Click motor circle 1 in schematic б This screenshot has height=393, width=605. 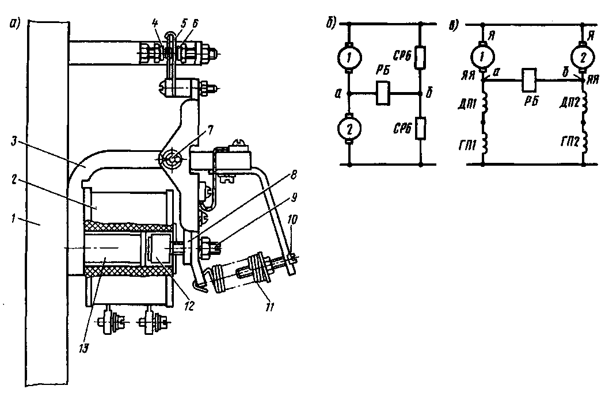coord(349,57)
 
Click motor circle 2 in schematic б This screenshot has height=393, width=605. coord(349,128)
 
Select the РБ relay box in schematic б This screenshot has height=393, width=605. coord(382,93)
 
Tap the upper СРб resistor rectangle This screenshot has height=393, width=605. coord(421,58)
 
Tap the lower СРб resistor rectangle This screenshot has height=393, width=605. coord(421,128)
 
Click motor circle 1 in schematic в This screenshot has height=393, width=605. coord(482,57)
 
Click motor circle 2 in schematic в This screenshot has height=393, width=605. coord(583,57)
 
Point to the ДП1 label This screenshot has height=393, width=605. coord(468,104)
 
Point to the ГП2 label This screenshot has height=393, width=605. coord(569,142)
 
